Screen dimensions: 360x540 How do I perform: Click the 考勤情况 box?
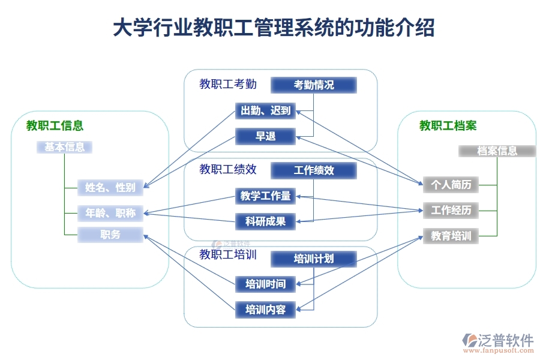313,85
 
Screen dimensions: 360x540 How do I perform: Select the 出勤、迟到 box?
265,110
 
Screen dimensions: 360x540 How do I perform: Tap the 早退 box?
265,136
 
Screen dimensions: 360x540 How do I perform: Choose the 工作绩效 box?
313,170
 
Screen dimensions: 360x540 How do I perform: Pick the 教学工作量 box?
265,196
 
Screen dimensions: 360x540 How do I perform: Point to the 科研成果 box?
265,221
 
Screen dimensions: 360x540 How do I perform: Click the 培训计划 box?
313,259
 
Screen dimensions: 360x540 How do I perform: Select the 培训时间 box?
265,284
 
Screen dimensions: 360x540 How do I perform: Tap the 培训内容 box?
265,310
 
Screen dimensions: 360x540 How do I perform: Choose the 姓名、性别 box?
110,188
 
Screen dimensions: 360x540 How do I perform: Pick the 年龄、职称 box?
110,212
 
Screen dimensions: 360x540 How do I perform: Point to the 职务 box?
110,235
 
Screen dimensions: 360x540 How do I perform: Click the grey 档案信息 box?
497,151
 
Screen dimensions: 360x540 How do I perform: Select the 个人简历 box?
451,185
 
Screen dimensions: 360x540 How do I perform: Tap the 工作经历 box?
451,210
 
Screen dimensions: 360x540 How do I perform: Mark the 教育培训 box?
451,236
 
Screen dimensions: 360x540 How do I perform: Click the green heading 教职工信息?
55,125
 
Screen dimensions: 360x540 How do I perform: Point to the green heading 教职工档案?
448,125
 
